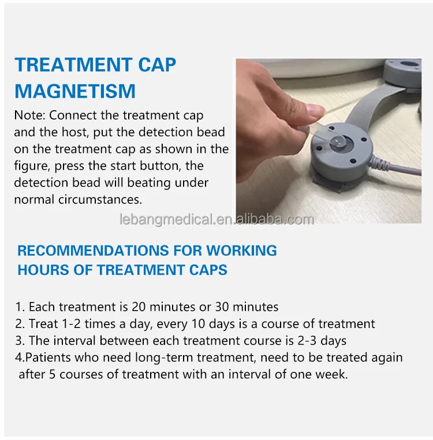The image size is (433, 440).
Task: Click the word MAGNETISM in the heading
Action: pyautogui.click(x=75, y=91)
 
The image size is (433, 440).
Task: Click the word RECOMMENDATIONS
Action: pyautogui.click(x=84, y=251)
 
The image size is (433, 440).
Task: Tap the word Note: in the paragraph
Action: pyautogui.click(x=29, y=116)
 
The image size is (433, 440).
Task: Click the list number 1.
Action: pyautogui.click(x=18, y=307)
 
